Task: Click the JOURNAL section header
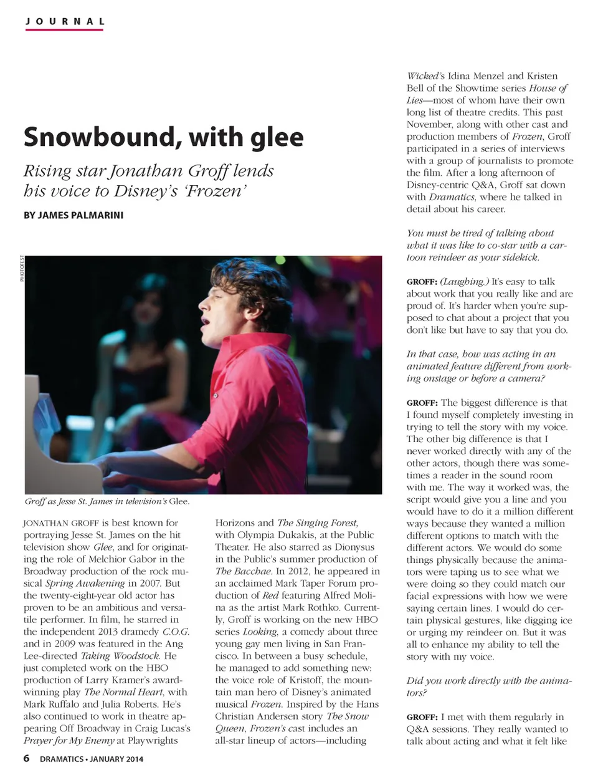coord(64,21)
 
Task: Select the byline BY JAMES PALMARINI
coord(73,215)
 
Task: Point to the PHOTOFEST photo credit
coord(22,269)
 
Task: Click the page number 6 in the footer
coord(26,758)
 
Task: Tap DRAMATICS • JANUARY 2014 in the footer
coord(92,759)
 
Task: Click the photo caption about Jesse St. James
coord(107,501)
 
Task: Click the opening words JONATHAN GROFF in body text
coord(61,523)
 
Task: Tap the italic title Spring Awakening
coord(85,584)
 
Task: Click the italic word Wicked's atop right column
coord(425,76)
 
